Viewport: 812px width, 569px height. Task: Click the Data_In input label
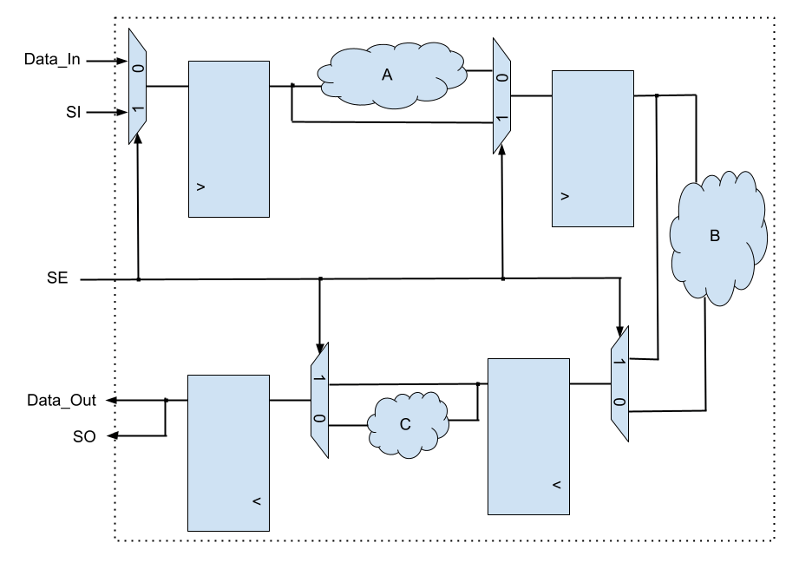(56, 61)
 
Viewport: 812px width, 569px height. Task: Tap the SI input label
(73, 112)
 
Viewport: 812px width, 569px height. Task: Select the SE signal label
(57, 279)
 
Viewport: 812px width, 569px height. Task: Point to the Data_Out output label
(61, 400)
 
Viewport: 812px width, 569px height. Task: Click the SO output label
(84, 436)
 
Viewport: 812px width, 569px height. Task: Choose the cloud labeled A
(388, 75)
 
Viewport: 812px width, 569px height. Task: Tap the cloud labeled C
(405, 424)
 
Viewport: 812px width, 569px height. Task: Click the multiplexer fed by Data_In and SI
(137, 87)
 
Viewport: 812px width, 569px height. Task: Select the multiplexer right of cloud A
(501, 95)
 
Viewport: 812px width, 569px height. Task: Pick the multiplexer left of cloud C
(319, 401)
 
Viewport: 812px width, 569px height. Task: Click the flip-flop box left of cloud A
(229, 139)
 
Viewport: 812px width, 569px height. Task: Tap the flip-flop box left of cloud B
(593, 149)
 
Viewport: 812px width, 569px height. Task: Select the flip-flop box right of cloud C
(528, 435)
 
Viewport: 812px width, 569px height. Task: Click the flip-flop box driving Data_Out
(228, 452)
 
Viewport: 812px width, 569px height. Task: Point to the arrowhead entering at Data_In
(123, 62)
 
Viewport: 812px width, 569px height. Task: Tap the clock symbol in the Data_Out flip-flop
(256, 501)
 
